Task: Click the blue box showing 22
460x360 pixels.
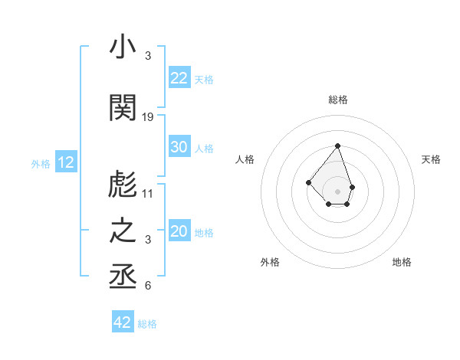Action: coord(179,78)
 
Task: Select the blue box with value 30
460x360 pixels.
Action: coord(179,147)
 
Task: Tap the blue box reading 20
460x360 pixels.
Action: coord(179,231)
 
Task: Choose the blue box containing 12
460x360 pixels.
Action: coord(66,162)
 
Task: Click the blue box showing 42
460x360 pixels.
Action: coord(123,322)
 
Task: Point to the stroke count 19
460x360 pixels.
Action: coord(149,117)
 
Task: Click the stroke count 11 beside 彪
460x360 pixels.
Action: coord(149,193)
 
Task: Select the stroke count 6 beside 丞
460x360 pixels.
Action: coord(148,286)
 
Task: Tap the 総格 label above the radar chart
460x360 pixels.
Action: coord(337,100)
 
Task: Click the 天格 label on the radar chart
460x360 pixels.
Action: coord(432,159)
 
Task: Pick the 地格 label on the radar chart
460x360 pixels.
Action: coord(402,262)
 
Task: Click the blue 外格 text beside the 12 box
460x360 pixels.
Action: coord(41,163)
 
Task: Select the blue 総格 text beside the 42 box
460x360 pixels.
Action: coord(147,324)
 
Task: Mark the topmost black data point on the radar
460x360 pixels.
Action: coord(337,146)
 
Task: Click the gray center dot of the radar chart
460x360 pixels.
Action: coord(337,191)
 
